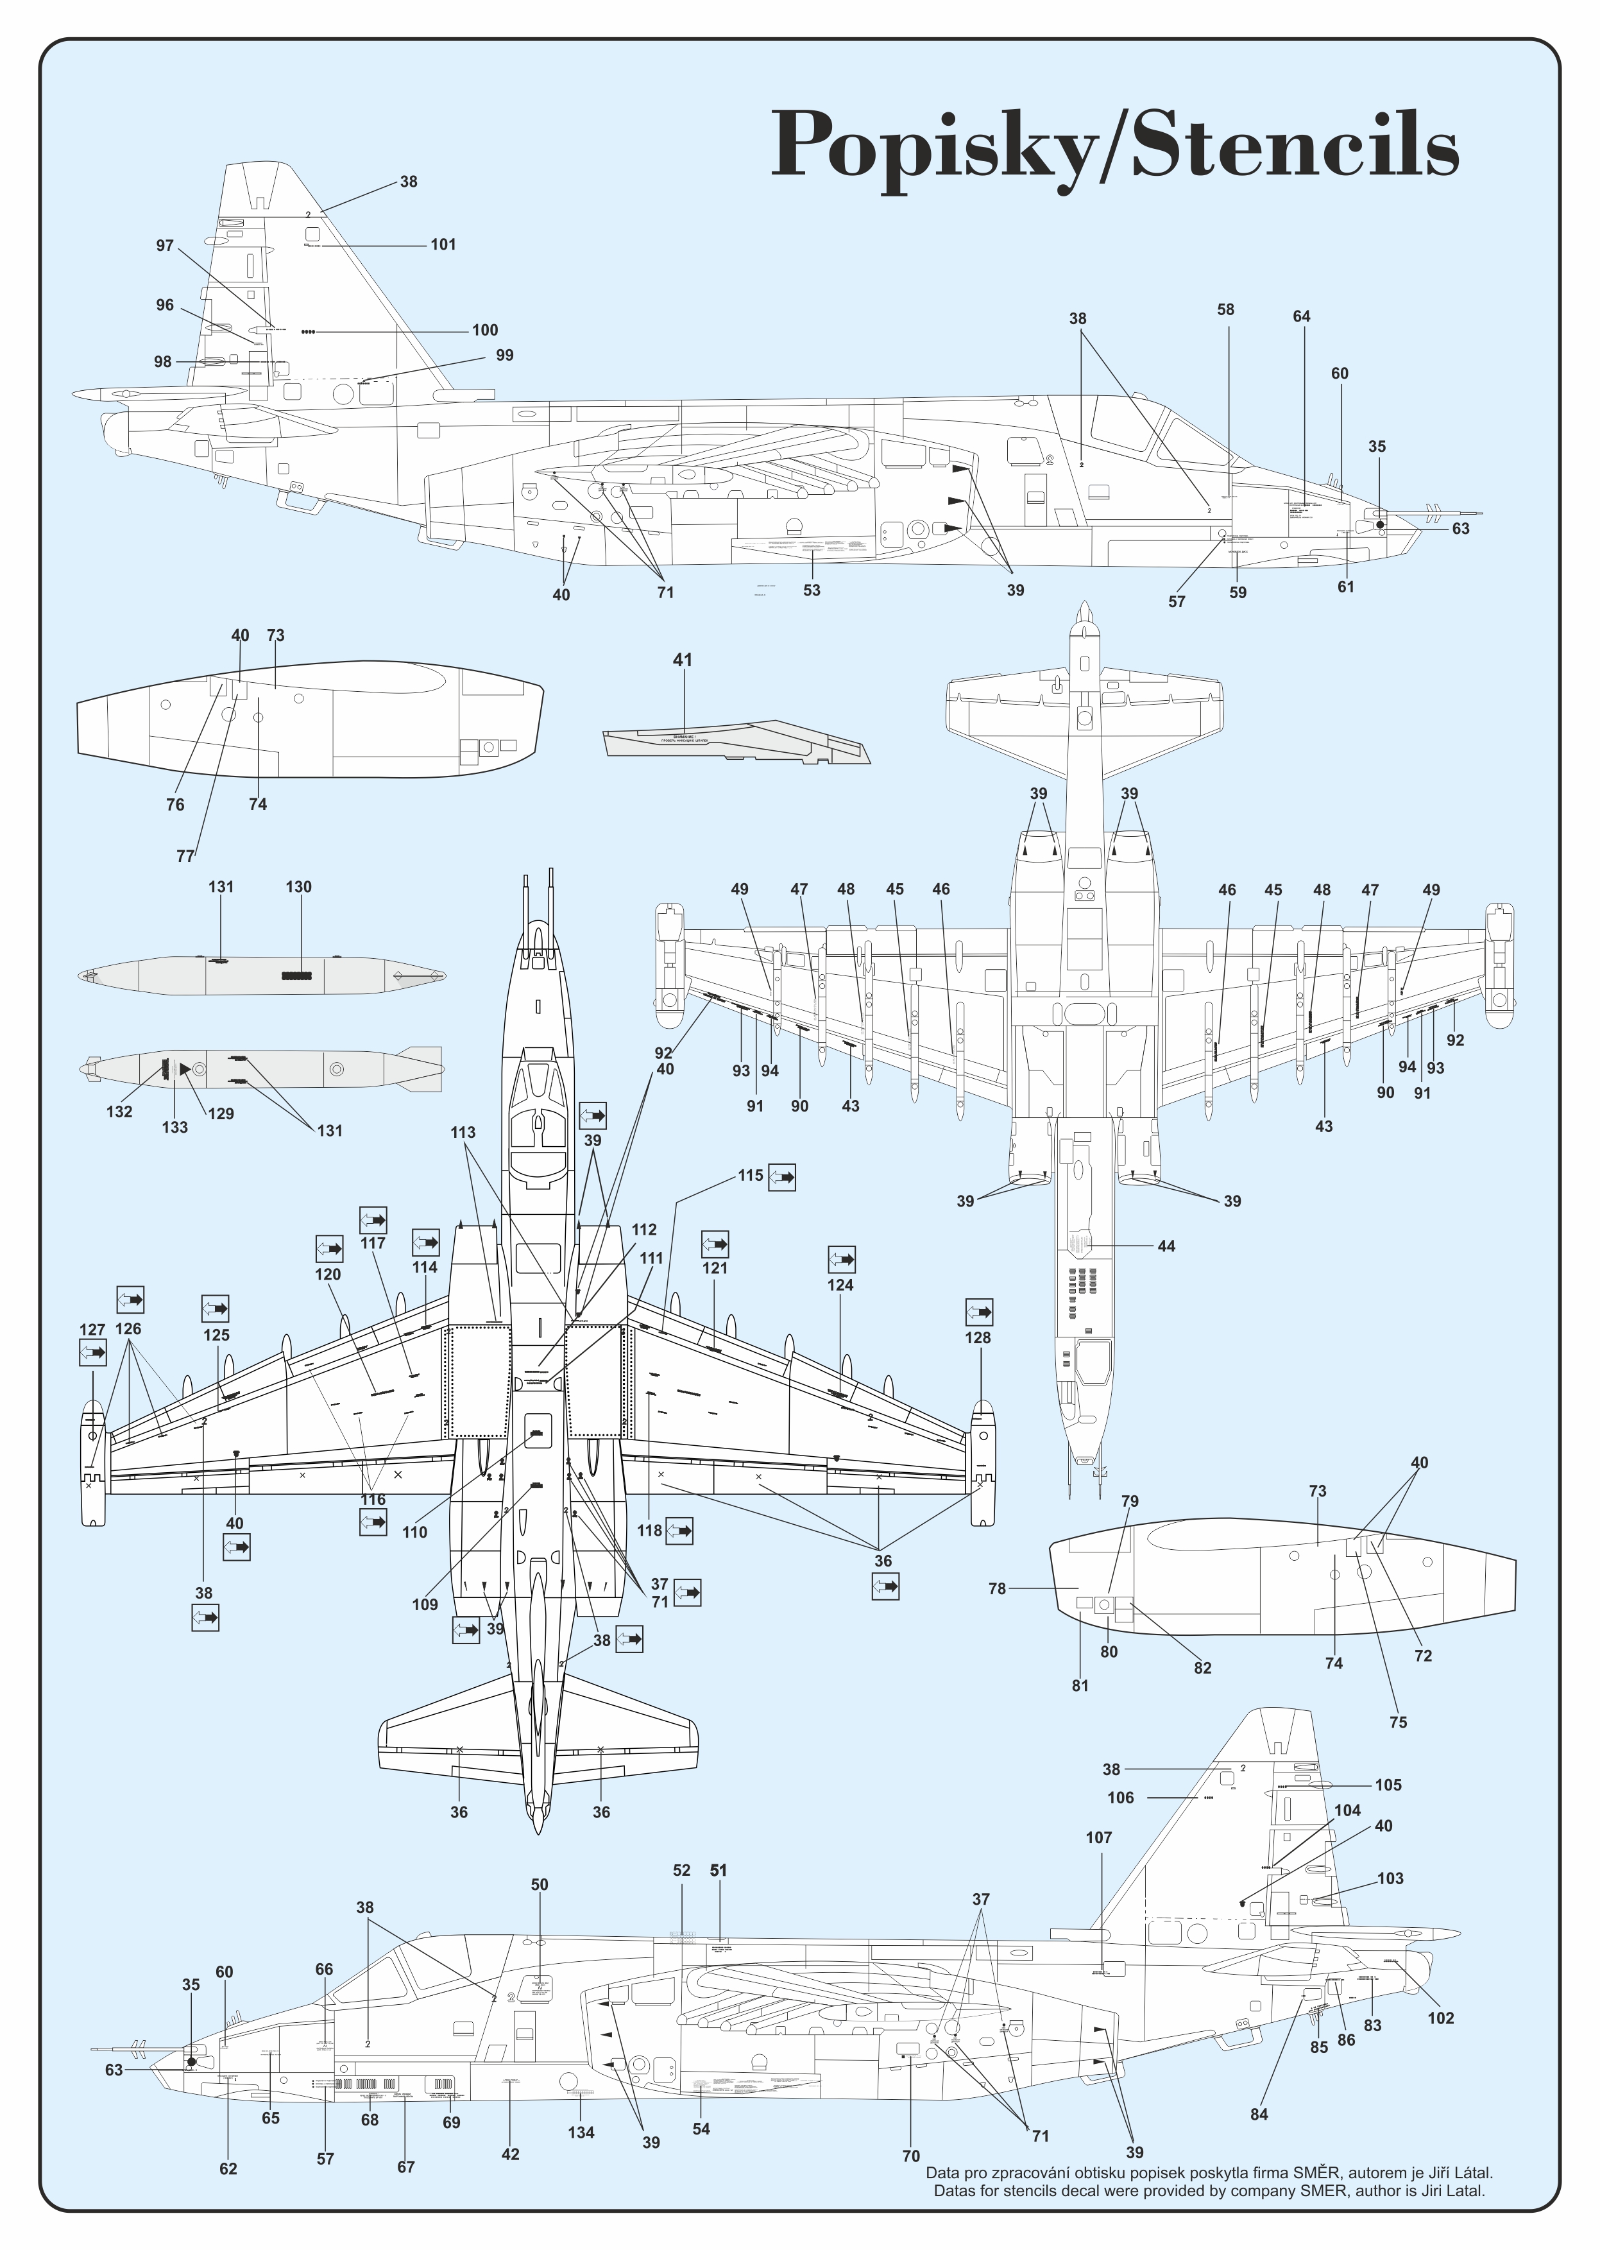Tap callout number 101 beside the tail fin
pyautogui.click(x=443, y=245)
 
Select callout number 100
pyautogui.click(x=485, y=330)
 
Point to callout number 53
pyautogui.click(x=812, y=590)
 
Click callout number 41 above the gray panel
pyautogui.click(x=683, y=660)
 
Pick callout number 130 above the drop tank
pyautogui.click(x=298, y=887)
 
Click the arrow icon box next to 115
pyautogui.click(x=782, y=1178)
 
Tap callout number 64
pyautogui.click(x=1302, y=316)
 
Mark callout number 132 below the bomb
pyautogui.click(x=119, y=1112)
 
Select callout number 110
pyautogui.click(x=415, y=1533)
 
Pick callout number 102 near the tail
pyautogui.click(x=1440, y=2018)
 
